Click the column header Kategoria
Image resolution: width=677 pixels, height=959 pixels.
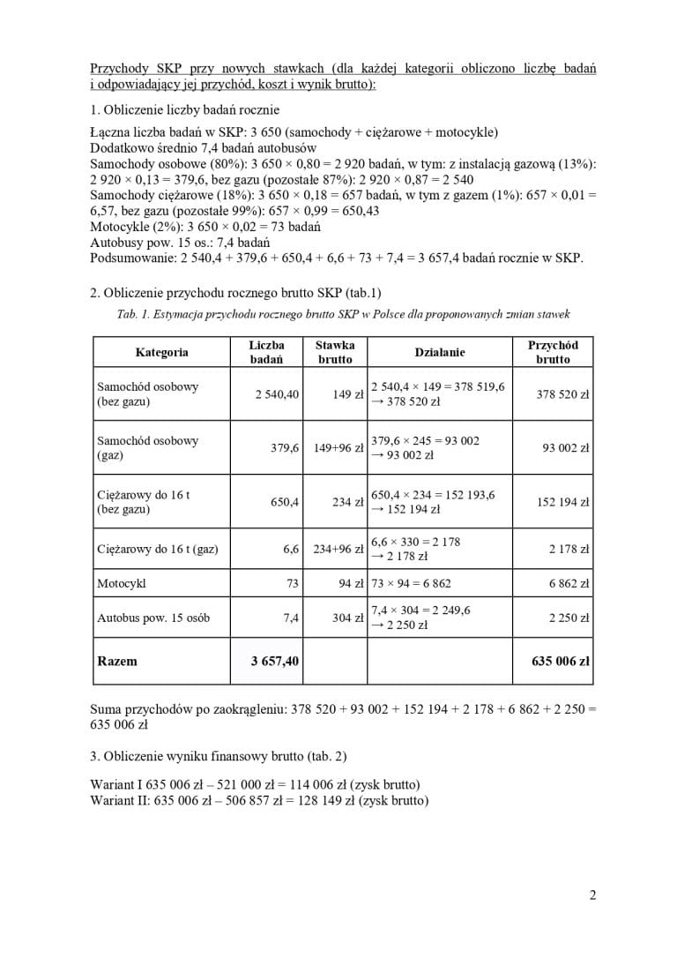point(161,352)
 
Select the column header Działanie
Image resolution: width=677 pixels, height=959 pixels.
point(439,352)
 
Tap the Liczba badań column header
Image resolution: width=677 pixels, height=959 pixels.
point(266,352)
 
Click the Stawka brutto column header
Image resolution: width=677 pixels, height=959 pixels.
point(335,352)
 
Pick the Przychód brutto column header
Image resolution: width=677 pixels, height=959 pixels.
point(553,352)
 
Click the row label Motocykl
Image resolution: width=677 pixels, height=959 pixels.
point(122,583)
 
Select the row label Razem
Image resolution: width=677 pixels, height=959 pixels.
point(117,660)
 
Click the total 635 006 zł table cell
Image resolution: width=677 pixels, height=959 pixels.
point(561,660)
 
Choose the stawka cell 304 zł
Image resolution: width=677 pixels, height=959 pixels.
point(347,618)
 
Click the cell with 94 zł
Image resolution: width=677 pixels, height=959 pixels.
point(351,583)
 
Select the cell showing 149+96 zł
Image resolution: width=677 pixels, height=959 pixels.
point(338,448)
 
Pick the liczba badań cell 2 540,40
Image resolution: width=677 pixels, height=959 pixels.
point(277,394)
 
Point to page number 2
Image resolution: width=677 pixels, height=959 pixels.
point(592,895)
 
